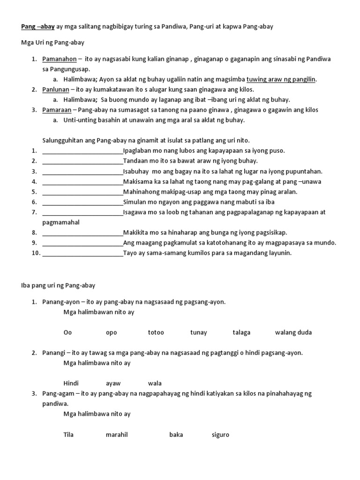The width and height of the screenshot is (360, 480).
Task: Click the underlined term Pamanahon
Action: point(59,59)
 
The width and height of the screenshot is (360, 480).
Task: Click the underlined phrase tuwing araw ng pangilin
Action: point(281,79)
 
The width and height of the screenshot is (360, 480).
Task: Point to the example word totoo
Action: point(156,332)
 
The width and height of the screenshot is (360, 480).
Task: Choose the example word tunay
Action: point(198,332)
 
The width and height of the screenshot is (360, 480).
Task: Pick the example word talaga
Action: point(241,332)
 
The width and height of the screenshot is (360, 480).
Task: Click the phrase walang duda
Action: point(293,332)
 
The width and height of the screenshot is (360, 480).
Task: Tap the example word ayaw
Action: point(113,383)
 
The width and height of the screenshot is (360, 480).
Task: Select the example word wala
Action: point(155,383)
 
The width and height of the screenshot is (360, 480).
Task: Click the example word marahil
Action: point(117,435)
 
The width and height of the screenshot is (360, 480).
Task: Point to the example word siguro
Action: point(220,435)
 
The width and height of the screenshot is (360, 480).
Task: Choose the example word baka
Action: point(176,435)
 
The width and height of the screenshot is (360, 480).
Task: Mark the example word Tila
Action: point(68,435)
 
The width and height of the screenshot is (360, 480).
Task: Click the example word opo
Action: point(111,332)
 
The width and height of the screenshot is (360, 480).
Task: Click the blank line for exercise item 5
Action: point(82,192)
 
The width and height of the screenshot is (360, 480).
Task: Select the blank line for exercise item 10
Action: point(82,253)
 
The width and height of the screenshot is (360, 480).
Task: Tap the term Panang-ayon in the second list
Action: point(59,302)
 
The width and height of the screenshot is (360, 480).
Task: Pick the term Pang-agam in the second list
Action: point(57,393)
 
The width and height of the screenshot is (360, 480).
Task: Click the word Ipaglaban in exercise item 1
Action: point(137,150)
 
